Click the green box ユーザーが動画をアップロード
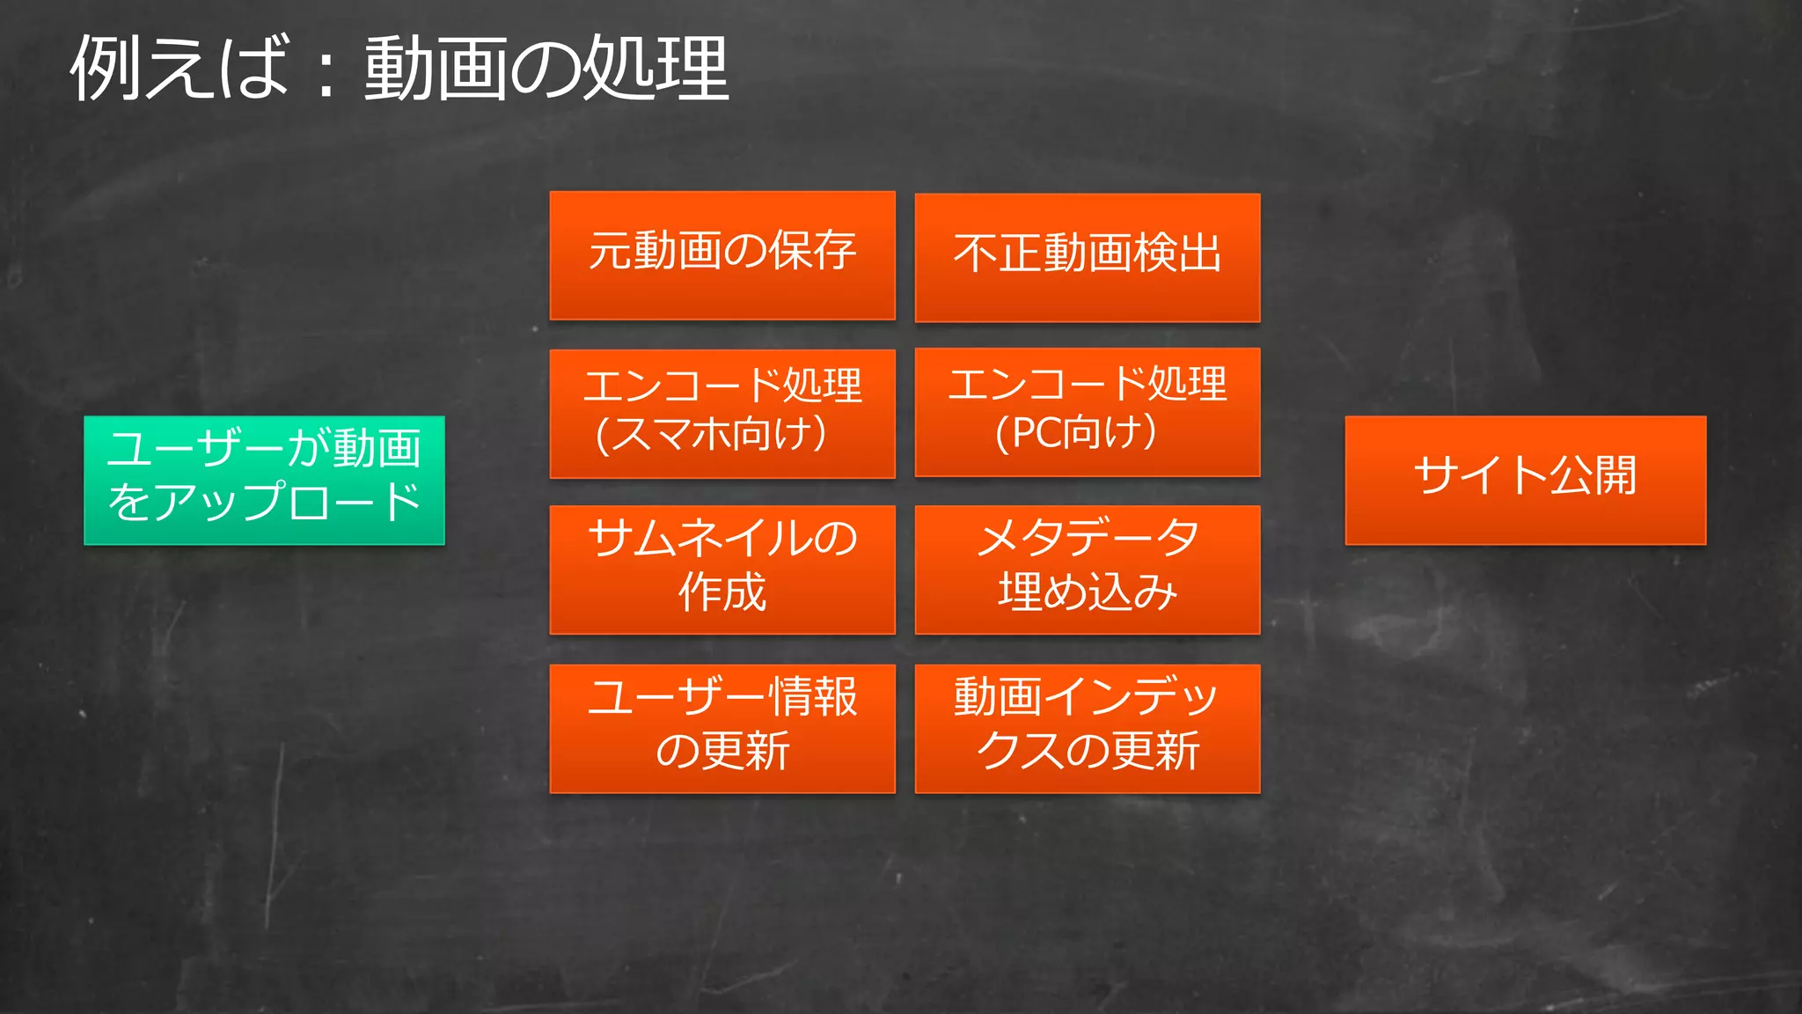click(x=264, y=481)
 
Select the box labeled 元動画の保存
click(x=722, y=255)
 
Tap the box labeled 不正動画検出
click(x=1088, y=257)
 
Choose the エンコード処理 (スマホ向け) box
click(x=722, y=414)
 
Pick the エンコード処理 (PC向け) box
click(x=1088, y=412)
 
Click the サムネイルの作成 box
click(x=722, y=569)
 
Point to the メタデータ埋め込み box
click(x=1088, y=569)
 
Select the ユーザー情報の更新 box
click(x=722, y=728)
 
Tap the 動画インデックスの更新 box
click(x=1088, y=728)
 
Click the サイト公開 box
click(x=1525, y=481)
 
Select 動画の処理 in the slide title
click(x=546, y=69)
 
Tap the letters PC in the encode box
click(x=1037, y=433)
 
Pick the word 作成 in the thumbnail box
click(x=722, y=592)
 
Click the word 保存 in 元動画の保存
click(x=812, y=251)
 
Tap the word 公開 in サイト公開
click(x=1593, y=476)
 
